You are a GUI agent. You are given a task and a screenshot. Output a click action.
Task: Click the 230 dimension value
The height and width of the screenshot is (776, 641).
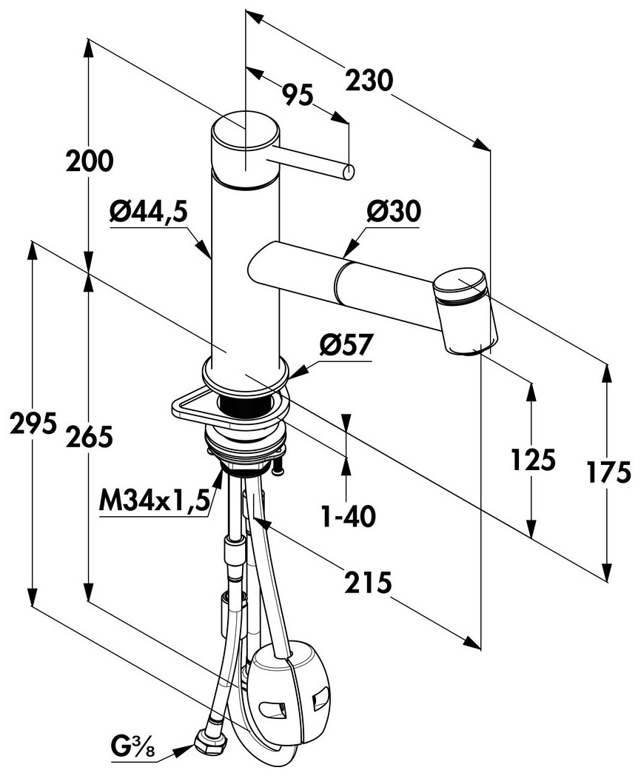click(x=368, y=80)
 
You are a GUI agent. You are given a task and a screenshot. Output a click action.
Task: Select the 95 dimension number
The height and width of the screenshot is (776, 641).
click(x=296, y=93)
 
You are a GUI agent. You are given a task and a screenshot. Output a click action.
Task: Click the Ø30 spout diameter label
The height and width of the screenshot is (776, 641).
click(x=392, y=213)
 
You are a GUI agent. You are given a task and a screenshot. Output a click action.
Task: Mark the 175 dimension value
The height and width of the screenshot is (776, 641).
click(x=608, y=471)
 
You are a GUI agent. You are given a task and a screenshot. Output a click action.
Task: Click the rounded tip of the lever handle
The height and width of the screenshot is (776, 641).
click(x=348, y=173)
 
